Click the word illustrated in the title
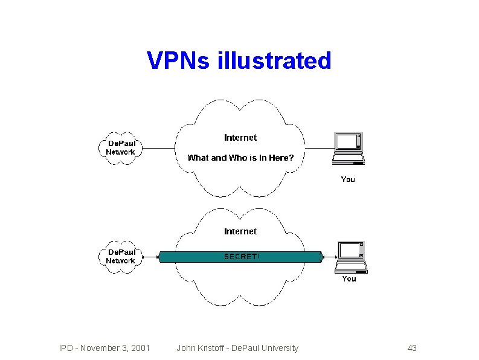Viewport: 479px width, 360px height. [273, 61]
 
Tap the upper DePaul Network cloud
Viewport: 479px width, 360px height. [121, 148]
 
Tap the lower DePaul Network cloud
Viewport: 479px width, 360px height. [121, 257]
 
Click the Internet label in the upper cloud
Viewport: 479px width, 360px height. [240, 138]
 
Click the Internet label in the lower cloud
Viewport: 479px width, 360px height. [240, 231]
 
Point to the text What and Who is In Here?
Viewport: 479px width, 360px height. [240, 158]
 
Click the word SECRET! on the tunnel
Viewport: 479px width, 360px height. [242, 257]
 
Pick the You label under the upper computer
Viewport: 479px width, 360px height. [348, 179]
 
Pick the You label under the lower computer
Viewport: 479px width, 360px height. [349, 278]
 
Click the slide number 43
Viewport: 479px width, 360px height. [412, 348]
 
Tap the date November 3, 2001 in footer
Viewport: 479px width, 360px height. [115, 348]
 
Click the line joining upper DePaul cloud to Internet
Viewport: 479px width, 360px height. [158, 148]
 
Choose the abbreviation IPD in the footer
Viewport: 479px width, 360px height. [65, 348]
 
